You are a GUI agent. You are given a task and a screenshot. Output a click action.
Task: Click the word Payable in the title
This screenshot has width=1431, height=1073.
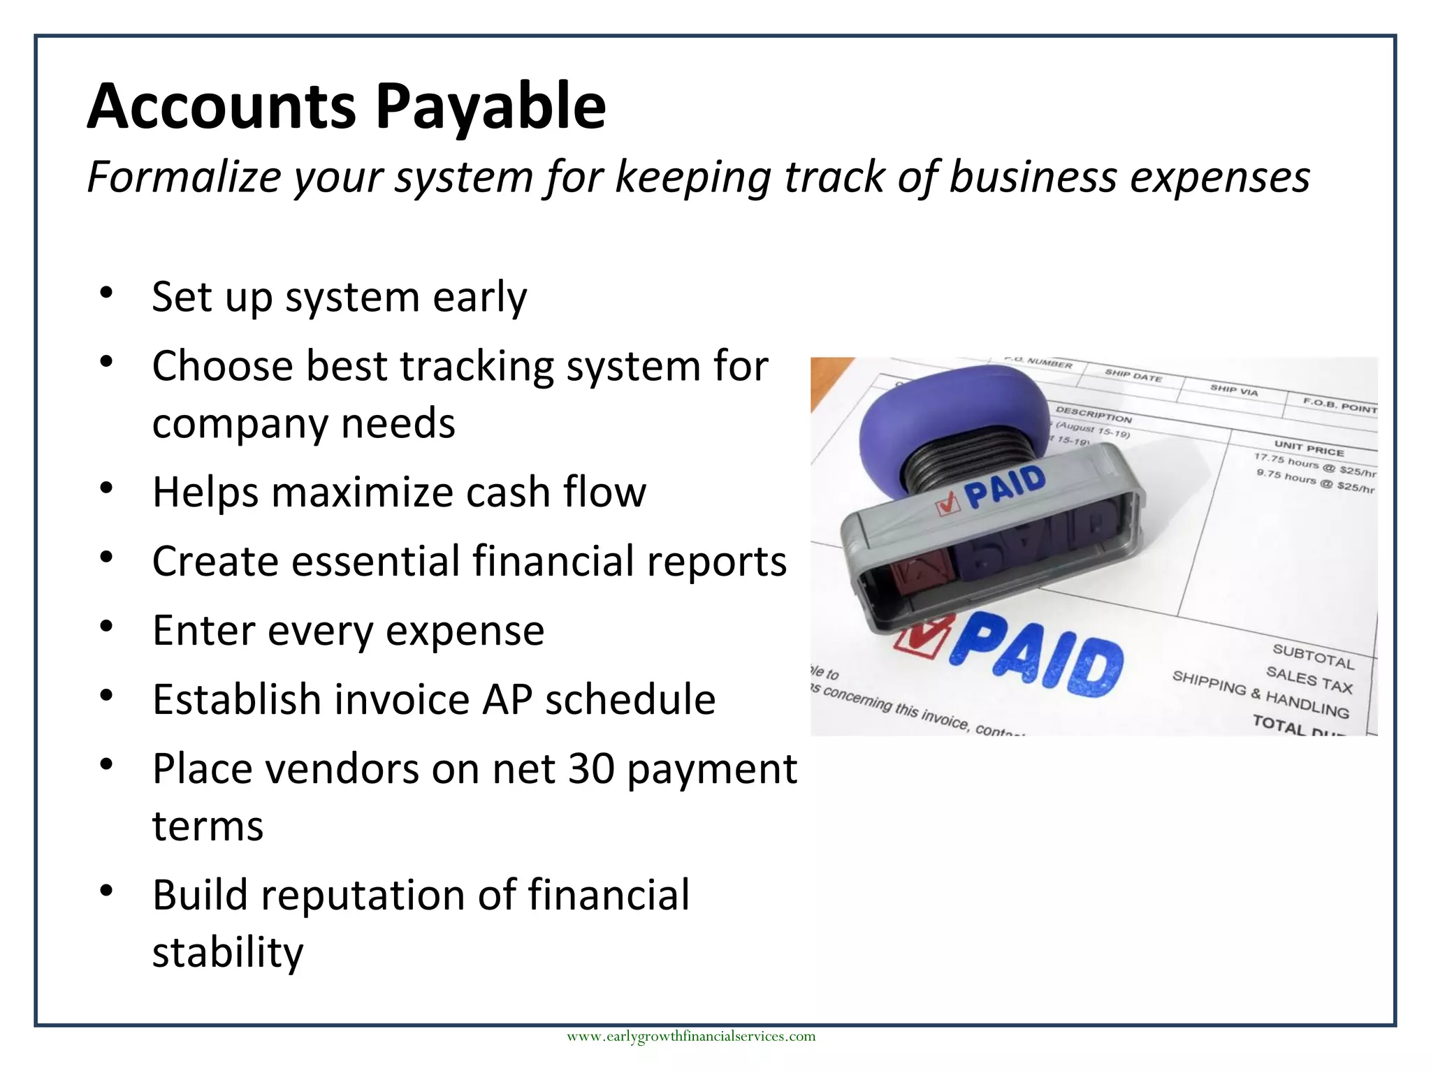[491, 107]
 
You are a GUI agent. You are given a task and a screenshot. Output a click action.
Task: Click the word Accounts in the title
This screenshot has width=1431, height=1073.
[221, 107]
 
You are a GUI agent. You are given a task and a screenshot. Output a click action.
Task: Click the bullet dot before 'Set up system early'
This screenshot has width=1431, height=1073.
[106, 293]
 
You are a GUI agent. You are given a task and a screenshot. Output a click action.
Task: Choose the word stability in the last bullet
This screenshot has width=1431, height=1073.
[228, 952]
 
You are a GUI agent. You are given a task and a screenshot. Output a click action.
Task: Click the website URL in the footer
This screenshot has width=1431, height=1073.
[690, 1036]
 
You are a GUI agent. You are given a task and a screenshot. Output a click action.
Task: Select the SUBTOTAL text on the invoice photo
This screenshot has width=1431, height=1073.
[1313, 656]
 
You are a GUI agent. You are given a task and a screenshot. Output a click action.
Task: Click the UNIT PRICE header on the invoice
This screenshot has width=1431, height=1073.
[1309, 448]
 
